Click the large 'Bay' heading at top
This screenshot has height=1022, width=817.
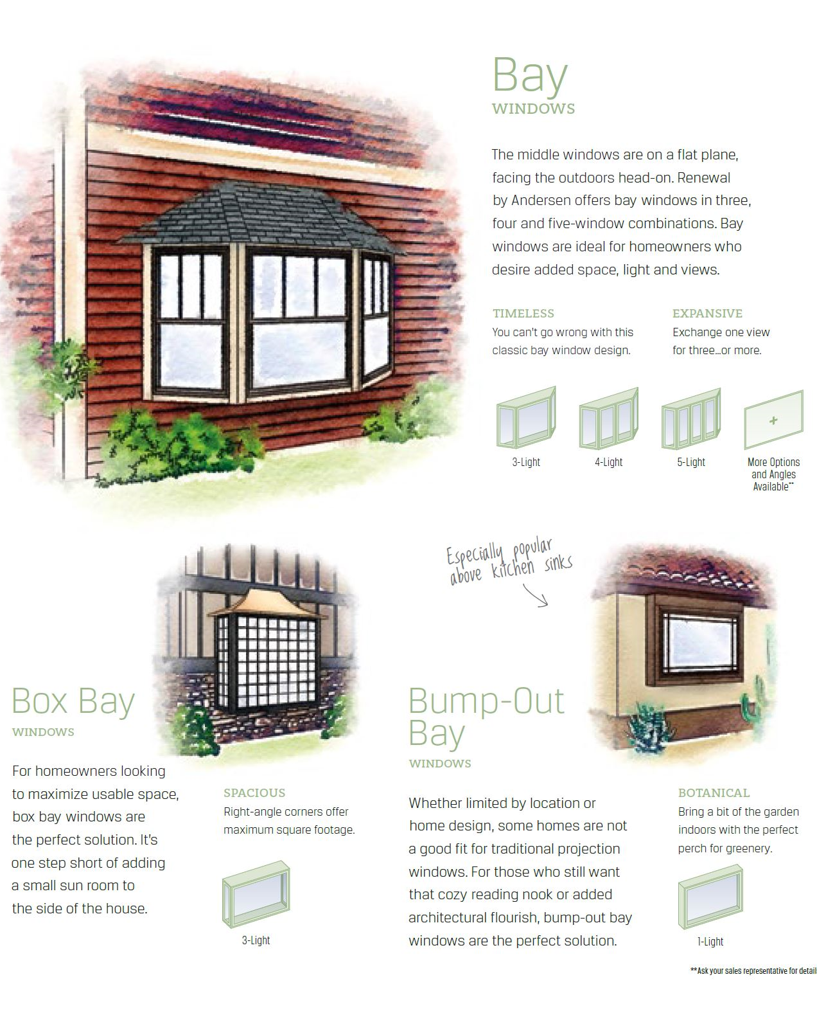[x=530, y=76]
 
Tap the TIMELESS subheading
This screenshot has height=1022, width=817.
[x=523, y=314]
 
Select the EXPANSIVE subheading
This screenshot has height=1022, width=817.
[x=707, y=314]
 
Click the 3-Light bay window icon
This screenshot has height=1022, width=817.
[x=525, y=418]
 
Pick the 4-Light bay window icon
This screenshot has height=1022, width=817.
[x=608, y=418]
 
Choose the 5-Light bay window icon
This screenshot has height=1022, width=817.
[x=691, y=418]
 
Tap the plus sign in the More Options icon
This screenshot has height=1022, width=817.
[x=773, y=420]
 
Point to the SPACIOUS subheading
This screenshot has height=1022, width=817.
[x=254, y=793]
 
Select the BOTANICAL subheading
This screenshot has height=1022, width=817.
[x=714, y=793]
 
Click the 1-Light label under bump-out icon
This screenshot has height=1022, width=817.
[x=710, y=942]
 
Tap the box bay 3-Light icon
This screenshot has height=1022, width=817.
[x=256, y=894]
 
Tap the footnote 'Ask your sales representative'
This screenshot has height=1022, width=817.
[x=753, y=971]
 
